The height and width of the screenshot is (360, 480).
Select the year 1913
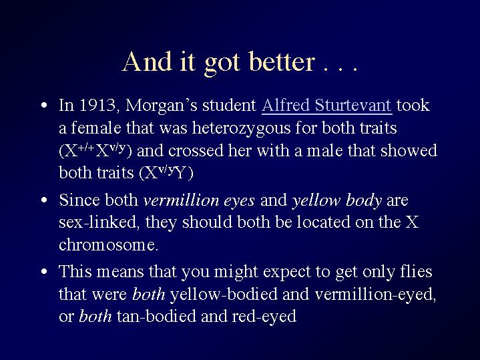(97, 105)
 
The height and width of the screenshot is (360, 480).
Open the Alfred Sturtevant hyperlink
(327, 105)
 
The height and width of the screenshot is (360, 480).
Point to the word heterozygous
(241, 129)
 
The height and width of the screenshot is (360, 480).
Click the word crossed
(196, 151)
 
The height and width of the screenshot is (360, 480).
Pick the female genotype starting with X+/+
(95, 150)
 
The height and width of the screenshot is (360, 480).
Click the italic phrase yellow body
(336, 201)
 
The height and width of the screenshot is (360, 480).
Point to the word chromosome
(109, 245)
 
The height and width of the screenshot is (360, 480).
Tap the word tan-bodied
(156, 316)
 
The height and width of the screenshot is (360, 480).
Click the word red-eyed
(264, 317)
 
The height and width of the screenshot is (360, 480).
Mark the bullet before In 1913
(44, 106)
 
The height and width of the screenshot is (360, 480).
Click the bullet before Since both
(44, 200)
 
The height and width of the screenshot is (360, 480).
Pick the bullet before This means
(44, 271)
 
